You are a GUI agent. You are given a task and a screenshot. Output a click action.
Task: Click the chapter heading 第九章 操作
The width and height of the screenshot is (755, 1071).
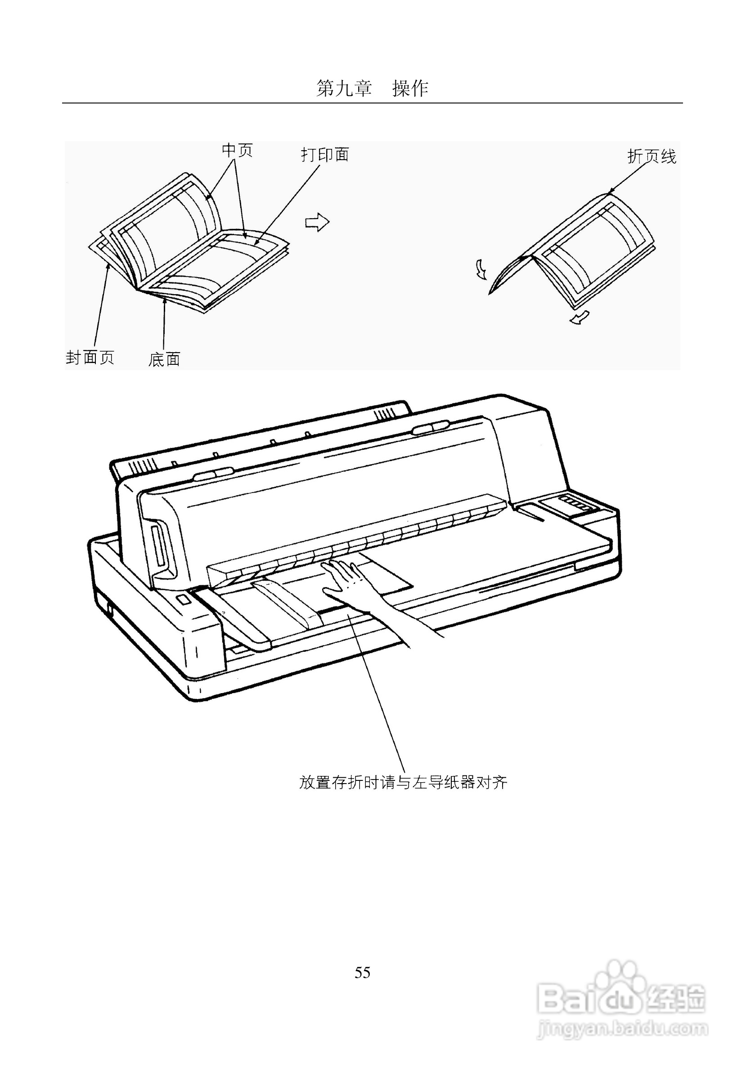click(372, 88)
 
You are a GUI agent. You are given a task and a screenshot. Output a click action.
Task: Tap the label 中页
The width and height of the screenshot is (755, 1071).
click(237, 150)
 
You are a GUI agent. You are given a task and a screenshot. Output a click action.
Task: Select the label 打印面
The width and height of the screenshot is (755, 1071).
click(325, 155)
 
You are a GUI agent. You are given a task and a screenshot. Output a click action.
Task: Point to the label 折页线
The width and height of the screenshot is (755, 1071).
click(652, 156)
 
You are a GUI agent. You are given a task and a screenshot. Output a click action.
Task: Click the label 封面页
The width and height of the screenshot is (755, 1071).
click(90, 358)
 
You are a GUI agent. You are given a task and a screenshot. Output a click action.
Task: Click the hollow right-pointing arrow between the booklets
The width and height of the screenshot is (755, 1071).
click(317, 222)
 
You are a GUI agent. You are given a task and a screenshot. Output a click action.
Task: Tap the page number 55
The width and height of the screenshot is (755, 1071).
click(363, 972)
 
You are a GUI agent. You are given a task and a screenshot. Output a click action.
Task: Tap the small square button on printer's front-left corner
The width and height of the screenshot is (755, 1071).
click(183, 600)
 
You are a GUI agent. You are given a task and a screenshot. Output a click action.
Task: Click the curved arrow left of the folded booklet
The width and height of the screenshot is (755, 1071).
click(481, 269)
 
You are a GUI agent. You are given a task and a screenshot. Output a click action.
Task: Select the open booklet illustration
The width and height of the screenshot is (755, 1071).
click(189, 242)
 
